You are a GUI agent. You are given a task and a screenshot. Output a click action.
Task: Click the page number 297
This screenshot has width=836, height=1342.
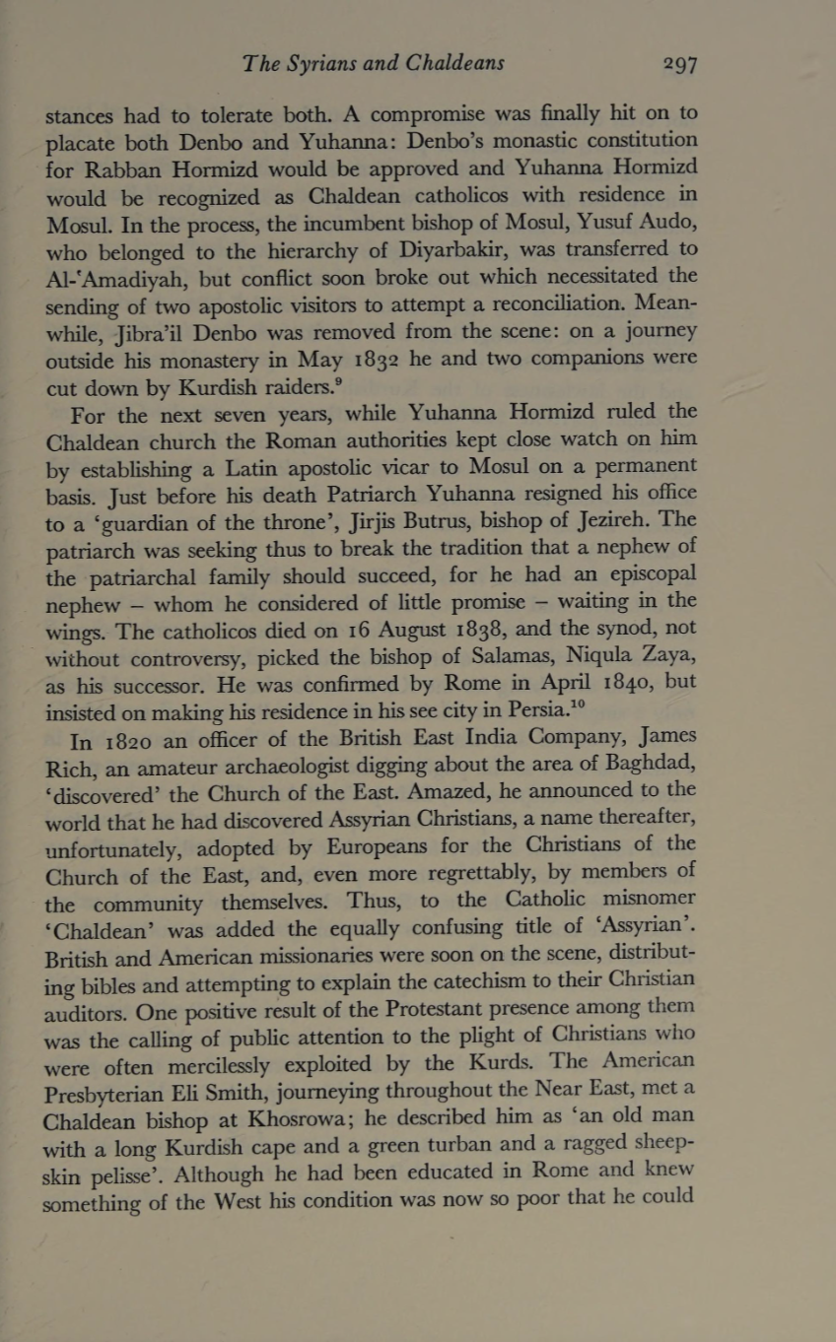[680, 65]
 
